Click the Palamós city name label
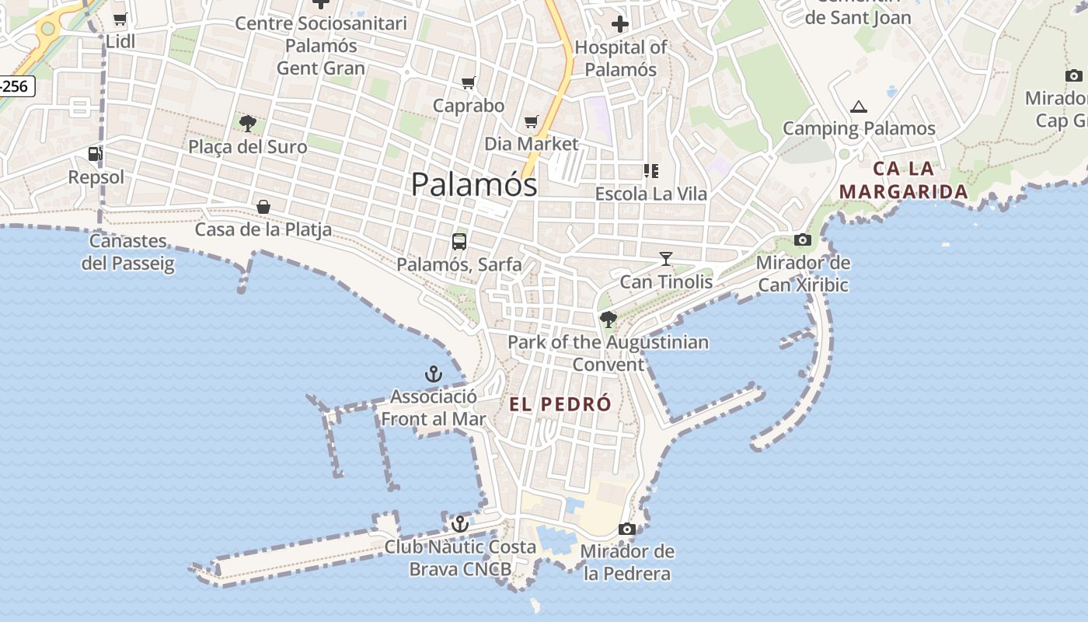(x=473, y=184)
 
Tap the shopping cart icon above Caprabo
(x=468, y=82)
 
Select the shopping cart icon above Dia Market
(x=532, y=121)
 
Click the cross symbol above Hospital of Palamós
(x=619, y=24)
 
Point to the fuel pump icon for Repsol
(x=95, y=154)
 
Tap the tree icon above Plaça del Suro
(x=248, y=123)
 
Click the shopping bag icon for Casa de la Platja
(x=263, y=207)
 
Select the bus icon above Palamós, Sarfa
(x=459, y=241)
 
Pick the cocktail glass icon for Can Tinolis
(x=666, y=258)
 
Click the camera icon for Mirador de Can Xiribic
(x=803, y=239)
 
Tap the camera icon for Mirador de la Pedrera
(x=626, y=529)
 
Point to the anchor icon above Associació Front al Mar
(x=433, y=375)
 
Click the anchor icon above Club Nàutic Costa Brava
(x=460, y=524)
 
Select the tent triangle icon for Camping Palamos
(x=858, y=107)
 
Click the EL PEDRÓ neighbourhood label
(x=560, y=404)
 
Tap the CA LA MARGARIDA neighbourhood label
(x=904, y=180)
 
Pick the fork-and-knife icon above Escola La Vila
(x=650, y=170)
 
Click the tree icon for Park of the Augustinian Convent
(x=609, y=319)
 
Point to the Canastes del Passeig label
(x=128, y=253)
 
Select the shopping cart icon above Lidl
(x=120, y=19)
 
